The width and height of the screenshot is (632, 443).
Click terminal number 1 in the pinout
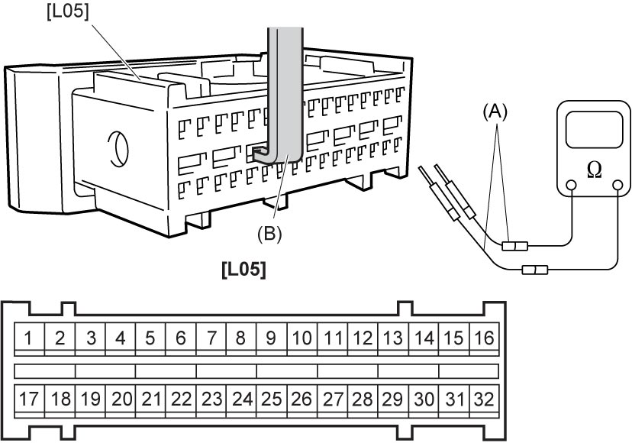click(28, 338)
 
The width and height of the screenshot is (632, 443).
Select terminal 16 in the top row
click(484, 338)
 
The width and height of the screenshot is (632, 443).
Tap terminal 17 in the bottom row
click(28, 399)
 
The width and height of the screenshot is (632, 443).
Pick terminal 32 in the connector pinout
click(484, 399)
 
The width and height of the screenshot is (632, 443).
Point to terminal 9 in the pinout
click(271, 338)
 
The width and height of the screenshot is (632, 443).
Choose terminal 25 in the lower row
click(271, 399)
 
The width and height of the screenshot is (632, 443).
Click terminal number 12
click(363, 338)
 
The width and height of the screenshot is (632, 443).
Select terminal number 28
click(363, 399)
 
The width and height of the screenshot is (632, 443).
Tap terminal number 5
click(150, 338)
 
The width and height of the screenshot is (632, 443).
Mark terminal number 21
click(150, 399)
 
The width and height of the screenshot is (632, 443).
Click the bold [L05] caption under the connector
click(243, 269)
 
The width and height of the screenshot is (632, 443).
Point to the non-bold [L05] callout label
click(67, 11)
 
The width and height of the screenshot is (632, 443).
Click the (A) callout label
click(495, 112)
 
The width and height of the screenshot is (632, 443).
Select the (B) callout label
click(269, 234)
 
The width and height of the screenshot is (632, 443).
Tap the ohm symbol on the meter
click(595, 170)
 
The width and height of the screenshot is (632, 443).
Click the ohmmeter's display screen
click(594, 130)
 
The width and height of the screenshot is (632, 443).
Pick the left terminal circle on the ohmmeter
click(570, 185)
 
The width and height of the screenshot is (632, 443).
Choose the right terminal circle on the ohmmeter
click(617, 185)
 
